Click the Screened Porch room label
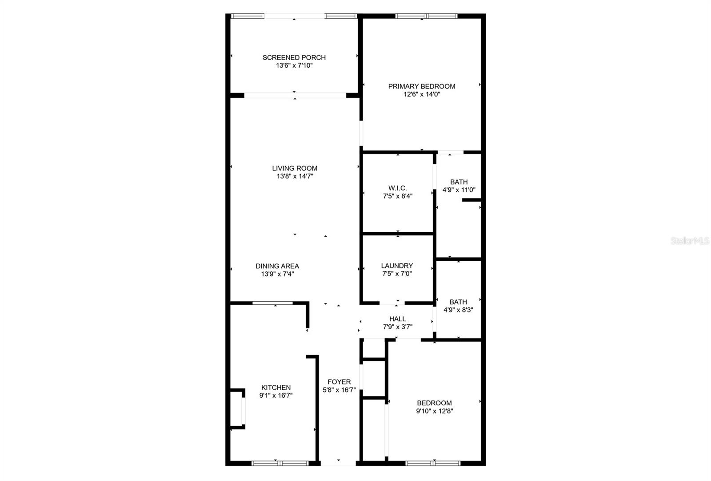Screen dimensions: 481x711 (294, 57)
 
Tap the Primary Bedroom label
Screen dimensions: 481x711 (422, 86)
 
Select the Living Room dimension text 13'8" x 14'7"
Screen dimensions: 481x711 (295, 176)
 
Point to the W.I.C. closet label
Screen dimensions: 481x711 (397, 188)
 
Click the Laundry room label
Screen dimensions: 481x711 (397, 266)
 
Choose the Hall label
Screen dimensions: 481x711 (397, 319)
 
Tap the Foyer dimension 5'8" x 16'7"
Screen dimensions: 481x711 (339, 390)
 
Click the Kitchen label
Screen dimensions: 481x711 (276, 388)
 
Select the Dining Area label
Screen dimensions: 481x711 (277, 266)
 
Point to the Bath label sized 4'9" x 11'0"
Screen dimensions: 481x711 (459, 182)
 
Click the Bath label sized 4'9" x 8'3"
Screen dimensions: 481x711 (458, 302)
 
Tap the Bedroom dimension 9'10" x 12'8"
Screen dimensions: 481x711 (434, 411)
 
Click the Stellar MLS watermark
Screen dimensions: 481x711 (690, 241)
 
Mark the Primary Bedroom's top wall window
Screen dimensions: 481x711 (426, 16)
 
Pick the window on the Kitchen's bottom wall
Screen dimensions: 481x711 (280, 463)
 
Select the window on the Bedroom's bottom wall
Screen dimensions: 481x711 (434, 463)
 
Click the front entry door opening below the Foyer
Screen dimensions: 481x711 (339, 463)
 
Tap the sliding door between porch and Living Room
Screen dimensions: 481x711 (295, 95)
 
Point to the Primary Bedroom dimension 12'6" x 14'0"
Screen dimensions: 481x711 (422, 94)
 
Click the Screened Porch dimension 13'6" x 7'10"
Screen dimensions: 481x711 (294, 65)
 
